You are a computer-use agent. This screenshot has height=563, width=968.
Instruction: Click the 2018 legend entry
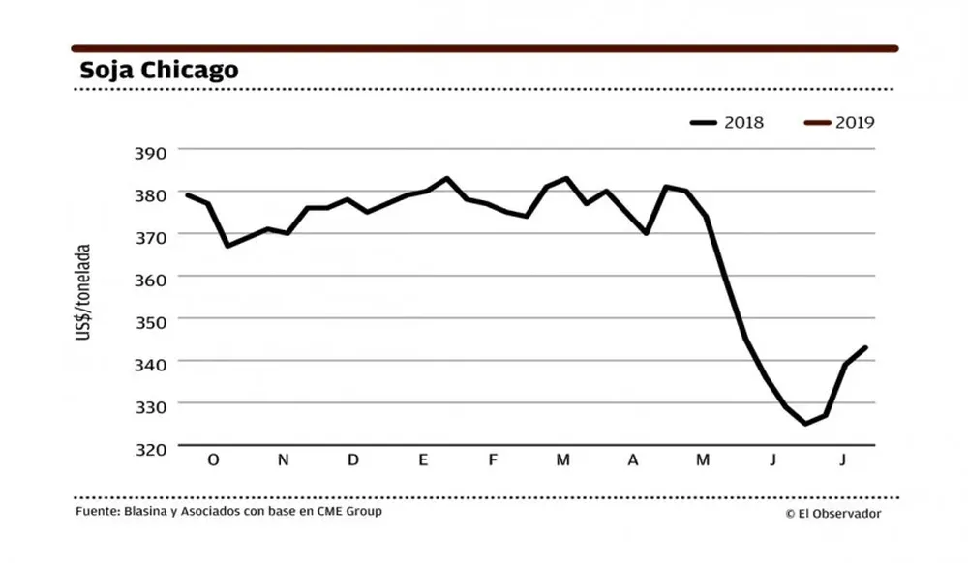727,123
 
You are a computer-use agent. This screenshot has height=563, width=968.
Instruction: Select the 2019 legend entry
839,123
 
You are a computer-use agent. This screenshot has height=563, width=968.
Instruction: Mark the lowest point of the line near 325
805,424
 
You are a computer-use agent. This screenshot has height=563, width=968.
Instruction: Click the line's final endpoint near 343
866,347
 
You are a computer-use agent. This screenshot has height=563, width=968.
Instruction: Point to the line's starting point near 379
187,194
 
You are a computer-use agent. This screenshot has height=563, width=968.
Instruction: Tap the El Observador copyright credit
833,514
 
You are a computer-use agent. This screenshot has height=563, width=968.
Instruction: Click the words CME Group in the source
349,511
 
